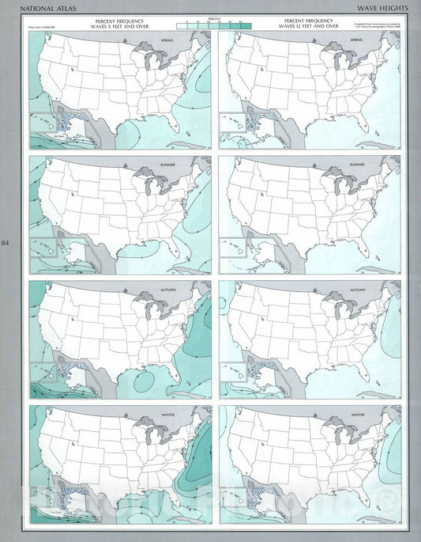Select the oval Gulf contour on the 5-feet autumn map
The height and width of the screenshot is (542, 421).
[145, 381]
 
